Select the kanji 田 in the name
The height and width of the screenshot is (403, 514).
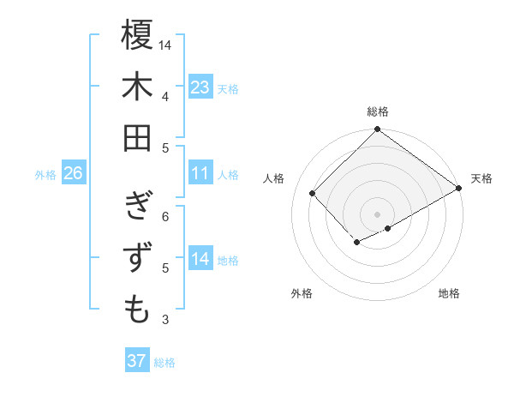(x=137, y=137)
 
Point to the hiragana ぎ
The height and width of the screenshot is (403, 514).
(x=137, y=207)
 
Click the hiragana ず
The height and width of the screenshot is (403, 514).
(x=137, y=258)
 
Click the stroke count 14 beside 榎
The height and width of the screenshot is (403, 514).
(x=166, y=45)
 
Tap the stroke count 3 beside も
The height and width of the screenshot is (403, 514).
(x=165, y=321)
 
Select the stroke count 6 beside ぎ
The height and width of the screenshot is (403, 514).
(x=165, y=216)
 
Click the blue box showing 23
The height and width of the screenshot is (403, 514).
(x=200, y=87)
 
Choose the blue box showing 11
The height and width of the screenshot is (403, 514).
(x=200, y=174)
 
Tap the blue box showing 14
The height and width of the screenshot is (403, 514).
(x=200, y=260)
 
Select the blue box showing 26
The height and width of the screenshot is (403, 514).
(x=73, y=174)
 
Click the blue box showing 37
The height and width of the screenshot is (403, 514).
(x=136, y=361)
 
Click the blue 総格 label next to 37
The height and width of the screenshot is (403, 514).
(x=164, y=363)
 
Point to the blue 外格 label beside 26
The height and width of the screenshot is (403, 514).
(x=45, y=175)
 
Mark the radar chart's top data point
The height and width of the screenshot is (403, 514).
(x=377, y=130)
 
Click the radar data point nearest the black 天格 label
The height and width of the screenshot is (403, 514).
(x=459, y=189)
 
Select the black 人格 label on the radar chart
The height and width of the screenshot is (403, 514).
(x=274, y=178)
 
